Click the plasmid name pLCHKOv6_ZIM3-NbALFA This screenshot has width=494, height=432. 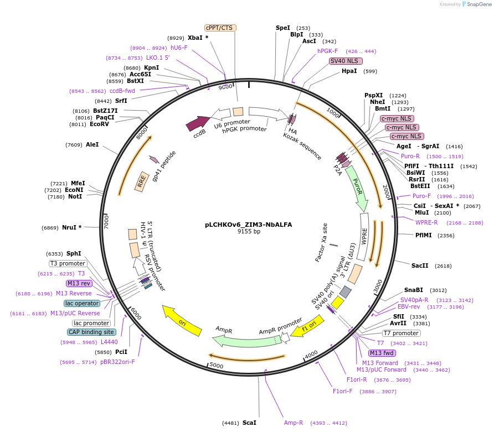248,225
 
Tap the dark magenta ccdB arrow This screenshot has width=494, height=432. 198,123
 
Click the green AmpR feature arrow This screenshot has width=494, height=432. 246,341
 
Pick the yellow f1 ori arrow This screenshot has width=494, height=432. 307,326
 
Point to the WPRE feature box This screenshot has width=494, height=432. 364,237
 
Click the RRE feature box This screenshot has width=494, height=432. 142,181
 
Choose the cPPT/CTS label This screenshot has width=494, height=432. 220,28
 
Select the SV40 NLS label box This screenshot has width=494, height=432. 345,61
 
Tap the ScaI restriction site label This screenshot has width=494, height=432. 249,423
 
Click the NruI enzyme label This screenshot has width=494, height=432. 69,227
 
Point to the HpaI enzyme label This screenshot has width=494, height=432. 349,71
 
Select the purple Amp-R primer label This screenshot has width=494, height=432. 294,423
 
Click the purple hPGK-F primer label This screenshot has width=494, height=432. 327,51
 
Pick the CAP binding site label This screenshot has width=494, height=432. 91,332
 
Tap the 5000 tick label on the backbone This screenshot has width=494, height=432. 217,365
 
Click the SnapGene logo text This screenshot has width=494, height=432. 479,4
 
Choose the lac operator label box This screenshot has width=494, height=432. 82,303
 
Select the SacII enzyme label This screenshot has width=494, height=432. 420,266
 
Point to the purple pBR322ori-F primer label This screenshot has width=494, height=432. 117,362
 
